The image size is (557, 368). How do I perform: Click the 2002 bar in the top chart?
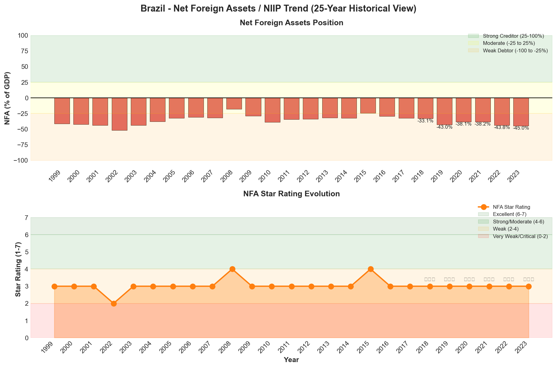click(x=120, y=114)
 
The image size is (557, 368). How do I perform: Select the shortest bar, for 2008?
click(x=234, y=103)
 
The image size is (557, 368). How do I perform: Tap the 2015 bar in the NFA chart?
click(x=368, y=106)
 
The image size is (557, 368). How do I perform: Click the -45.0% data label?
click(x=521, y=128)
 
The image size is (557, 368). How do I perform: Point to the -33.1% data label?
click(x=425, y=121)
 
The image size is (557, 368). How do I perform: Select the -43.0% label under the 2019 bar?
click(x=444, y=127)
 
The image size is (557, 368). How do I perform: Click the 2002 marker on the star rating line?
click(x=114, y=303)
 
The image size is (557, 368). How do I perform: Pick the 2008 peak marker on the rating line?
click(x=232, y=269)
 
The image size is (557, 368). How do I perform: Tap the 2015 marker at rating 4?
click(x=371, y=269)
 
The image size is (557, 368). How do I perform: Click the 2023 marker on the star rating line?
click(x=529, y=286)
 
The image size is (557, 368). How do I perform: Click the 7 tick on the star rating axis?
click(x=27, y=217)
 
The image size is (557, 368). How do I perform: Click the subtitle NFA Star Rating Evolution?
click(x=291, y=194)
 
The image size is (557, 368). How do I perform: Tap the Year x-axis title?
click(x=291, y=360)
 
